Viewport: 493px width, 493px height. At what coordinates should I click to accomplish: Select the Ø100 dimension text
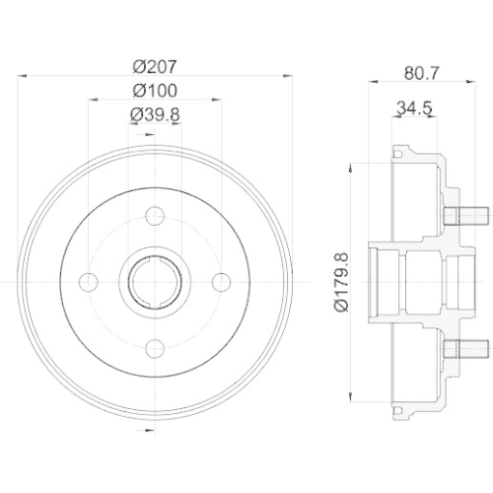point(154,91)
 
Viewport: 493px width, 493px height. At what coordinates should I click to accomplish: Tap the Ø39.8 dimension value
point(154,115)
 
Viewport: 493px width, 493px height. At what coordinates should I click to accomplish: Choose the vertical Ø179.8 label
point(338,282)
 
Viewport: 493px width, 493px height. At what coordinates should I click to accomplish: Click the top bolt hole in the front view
point(154,216)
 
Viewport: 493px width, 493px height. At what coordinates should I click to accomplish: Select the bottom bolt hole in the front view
point(154,348)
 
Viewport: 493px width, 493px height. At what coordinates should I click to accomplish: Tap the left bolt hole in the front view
point(88,282)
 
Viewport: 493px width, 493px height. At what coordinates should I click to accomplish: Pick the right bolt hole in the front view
point(220,282)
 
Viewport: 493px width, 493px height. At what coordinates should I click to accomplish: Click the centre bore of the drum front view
point(154,282)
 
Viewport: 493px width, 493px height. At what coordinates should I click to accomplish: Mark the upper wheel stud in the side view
point(468,216)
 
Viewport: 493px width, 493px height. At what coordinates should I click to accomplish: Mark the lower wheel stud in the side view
point(468,348)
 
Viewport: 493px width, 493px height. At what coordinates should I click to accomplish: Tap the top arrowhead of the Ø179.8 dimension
point(352,167)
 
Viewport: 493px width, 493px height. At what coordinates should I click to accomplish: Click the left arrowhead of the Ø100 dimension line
point(91,99)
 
